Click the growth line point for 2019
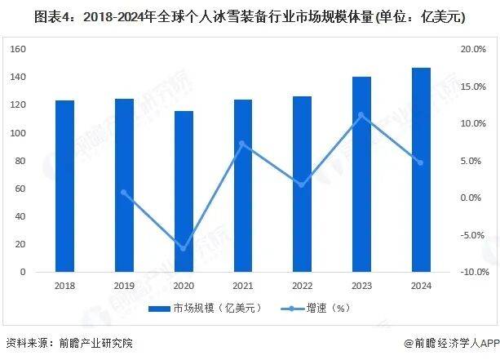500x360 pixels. (124, 193)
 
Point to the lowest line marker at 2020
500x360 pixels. (184, 247)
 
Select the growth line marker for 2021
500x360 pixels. (243, 144)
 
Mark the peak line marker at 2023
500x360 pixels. (361, 115)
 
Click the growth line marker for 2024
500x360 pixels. (421, 162)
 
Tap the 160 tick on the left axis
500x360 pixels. (19, 49)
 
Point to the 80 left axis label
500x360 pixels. (21, 161)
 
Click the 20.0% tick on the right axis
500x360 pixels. (474, 49)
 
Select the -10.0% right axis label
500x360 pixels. (472, 272)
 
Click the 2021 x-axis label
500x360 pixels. (243, 286)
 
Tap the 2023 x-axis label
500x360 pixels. (361, 286)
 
